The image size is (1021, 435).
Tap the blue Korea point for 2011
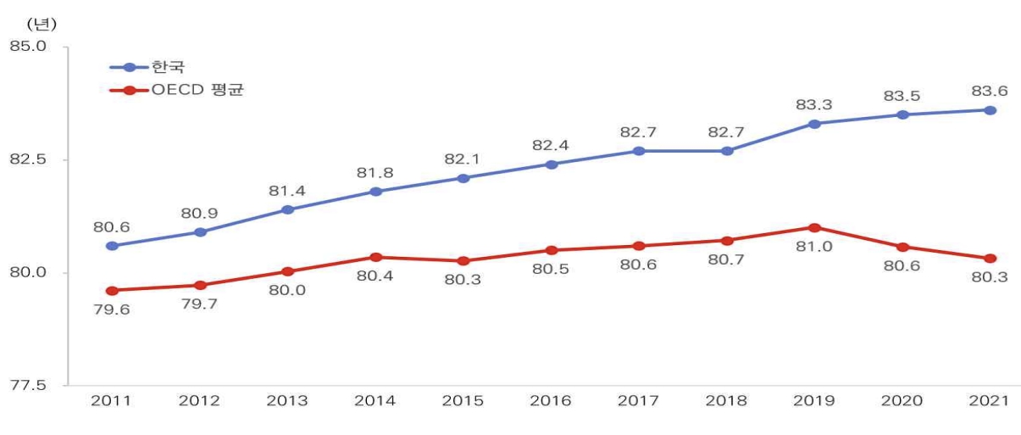pos(112,246)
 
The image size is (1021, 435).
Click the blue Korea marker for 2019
pos(814,124)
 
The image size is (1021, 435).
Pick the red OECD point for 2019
pos(814,227)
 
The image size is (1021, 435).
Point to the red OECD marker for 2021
pos(990,259)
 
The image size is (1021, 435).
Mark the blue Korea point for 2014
pos(375,192)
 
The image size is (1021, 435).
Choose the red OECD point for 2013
pos(288,271)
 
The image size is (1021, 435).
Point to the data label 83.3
pos(814,104)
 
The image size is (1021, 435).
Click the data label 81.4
pos(288,191)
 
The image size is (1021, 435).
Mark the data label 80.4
pos(375,276)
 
